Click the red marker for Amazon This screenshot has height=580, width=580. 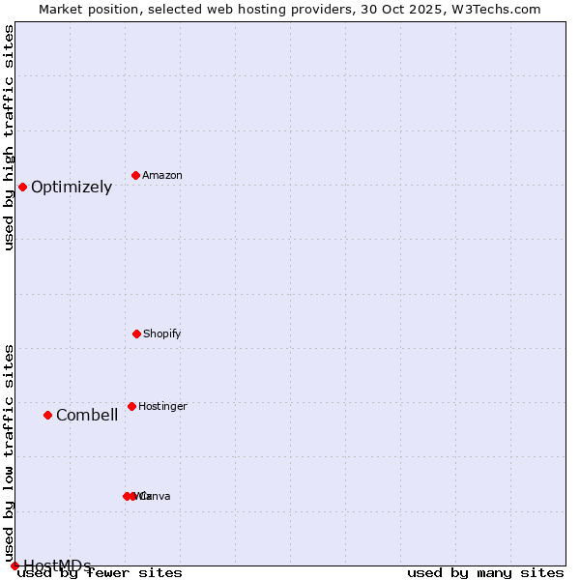tap(136, 175)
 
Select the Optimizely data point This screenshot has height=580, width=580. tap(22, 187)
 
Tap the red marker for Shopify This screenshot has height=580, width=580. tap(136, 333)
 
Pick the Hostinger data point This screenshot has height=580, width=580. tap(131, 406)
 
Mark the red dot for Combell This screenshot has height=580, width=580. tap(47, 415)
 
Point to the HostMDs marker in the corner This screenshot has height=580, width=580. tap(14, 565)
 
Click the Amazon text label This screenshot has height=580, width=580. tap(162, 175)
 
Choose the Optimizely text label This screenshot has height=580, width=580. tap(72, 188)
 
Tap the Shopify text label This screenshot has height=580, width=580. tap(162, 333)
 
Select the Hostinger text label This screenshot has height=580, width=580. tap(162, 406)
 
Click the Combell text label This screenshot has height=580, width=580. tap(87, 416)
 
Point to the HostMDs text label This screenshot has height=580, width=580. tap(57, 565)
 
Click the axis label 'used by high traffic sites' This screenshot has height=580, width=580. tap(9, 137)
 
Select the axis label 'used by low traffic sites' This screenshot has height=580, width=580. tap(9, 453)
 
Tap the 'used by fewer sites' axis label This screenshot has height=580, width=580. tap(100, 572)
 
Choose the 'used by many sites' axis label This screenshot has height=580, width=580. tap(485, 572)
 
